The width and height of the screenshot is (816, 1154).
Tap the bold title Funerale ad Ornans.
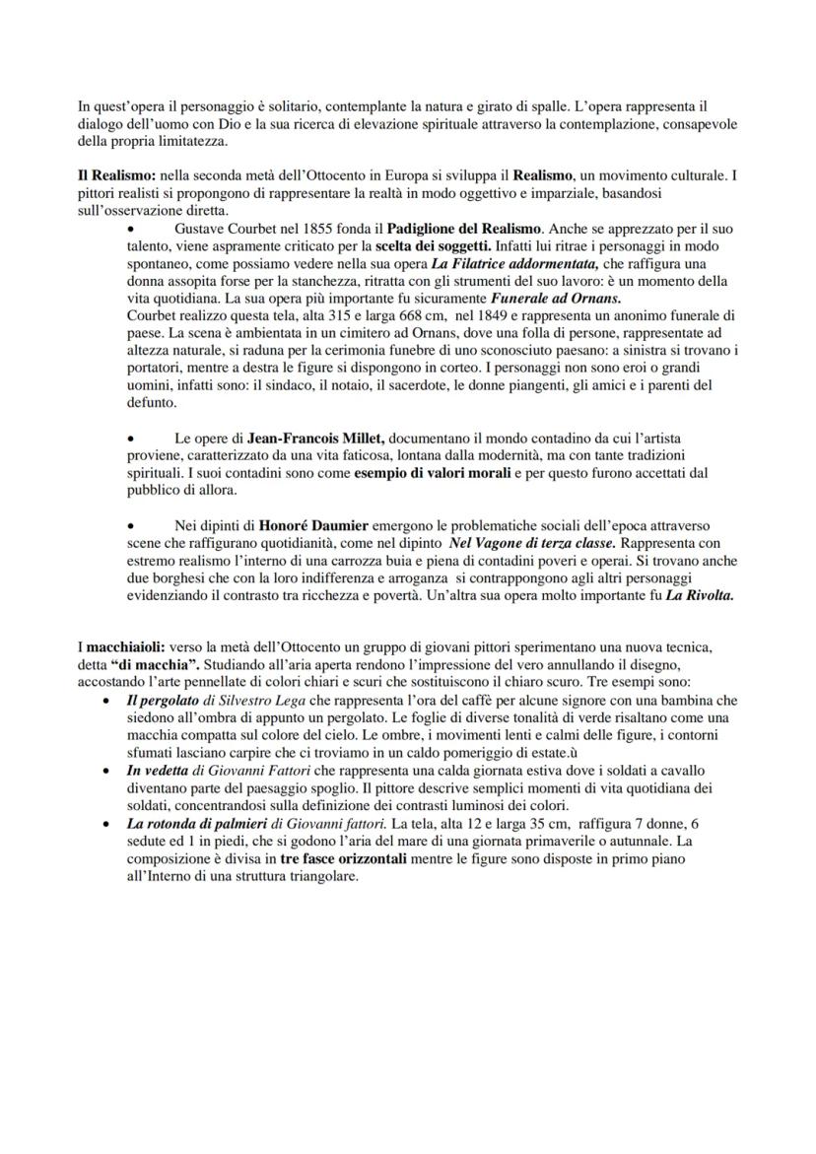pos(556,298)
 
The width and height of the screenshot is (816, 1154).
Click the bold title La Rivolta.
pos(699,596)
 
